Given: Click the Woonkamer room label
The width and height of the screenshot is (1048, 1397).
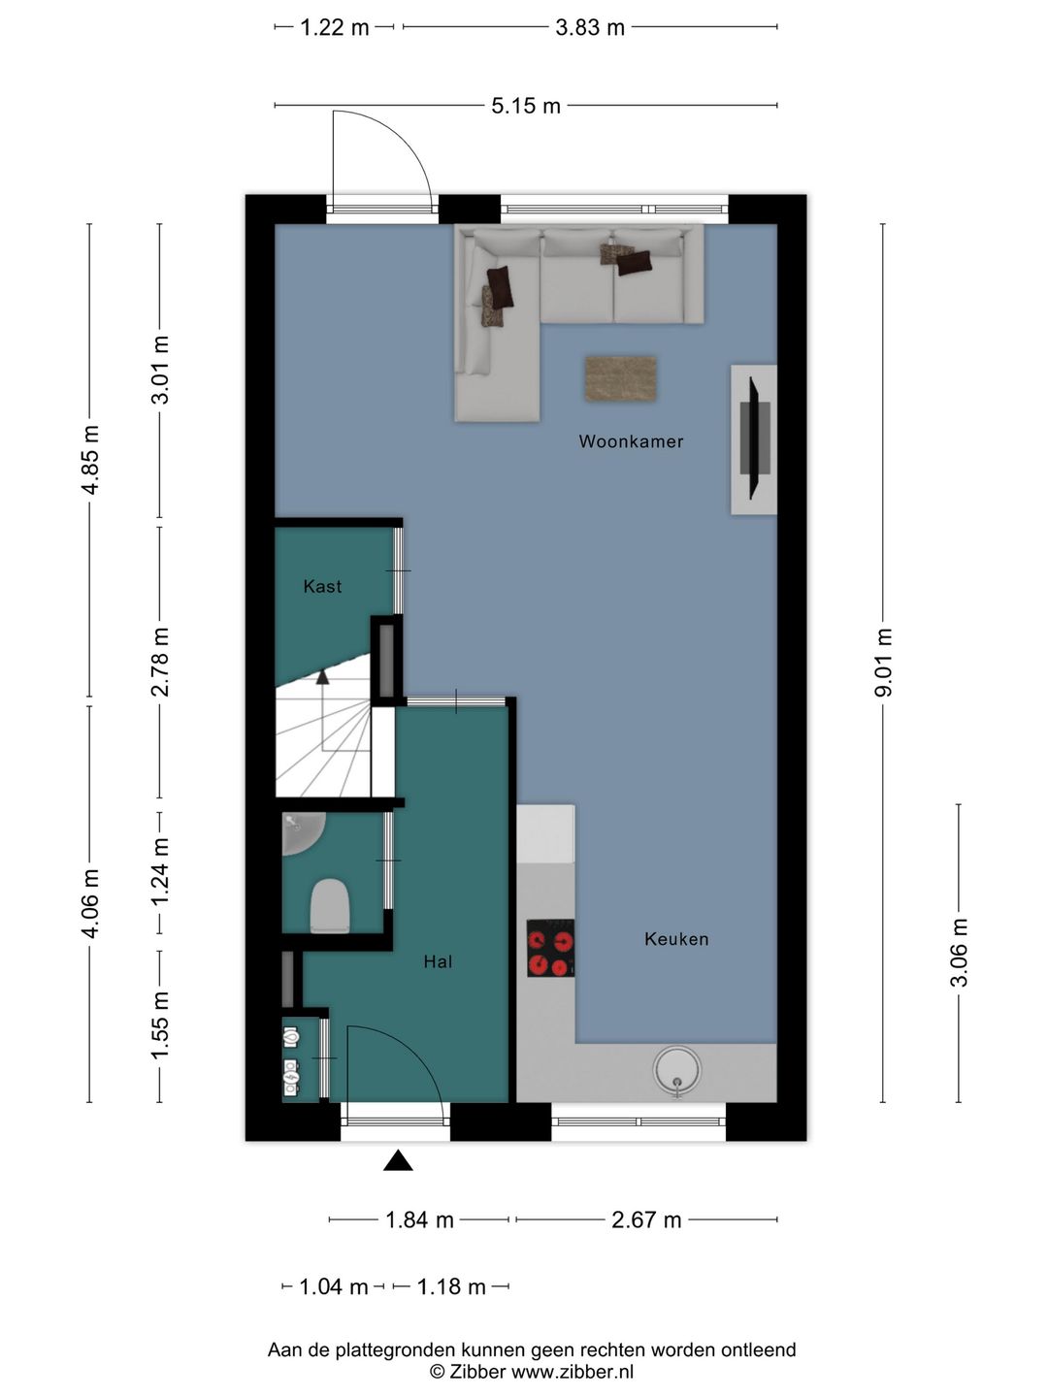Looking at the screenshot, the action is pyautogui.click(x=631, y=441).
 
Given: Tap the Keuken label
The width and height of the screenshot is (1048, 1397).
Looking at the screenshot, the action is pyautogui.click(x=676, y=939).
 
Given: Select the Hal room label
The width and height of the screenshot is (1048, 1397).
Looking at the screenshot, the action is pyautogui.click(x=438, y=961).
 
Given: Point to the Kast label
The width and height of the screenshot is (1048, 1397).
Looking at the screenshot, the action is pyautogui.click(x=322, y=586).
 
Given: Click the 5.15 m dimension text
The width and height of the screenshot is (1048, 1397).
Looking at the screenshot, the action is pyautogui.click(x=526, y=106).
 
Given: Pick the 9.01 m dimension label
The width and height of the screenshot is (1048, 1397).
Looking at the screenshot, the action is pyautogui.click(x=884, y=663).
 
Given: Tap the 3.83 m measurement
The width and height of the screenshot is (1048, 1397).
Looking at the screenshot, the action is pyautogui.click(x=590, y=28).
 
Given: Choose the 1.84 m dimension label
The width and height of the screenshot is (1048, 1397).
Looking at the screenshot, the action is pyautogui.click(x=420, y=1219).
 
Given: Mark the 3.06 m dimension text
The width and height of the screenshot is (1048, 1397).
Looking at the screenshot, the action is pyautogui.click(x=959, y=953).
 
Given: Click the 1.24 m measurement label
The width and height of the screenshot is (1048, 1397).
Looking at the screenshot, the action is pyautogui.click(x=160, y=871).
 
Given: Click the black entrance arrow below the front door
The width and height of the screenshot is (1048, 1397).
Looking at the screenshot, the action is pyautogui.click(x=398, y=1160).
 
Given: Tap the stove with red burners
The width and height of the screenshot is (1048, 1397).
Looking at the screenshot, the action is pyautogui.click(x=551, y=948).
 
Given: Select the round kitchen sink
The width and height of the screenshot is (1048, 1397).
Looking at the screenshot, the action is pyautogui.click(x=677, y=1070).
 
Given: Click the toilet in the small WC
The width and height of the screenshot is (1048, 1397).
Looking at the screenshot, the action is pyautogui.click(x=330, y=906).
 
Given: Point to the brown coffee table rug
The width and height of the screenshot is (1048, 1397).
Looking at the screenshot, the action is pyautogui.click(x=621, y=379).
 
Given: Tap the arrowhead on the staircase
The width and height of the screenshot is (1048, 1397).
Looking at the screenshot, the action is pyautogui.click(x=322, y=676).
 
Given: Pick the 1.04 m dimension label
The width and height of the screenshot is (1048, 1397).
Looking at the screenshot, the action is pyautogui.click(x=334, y=1286).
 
